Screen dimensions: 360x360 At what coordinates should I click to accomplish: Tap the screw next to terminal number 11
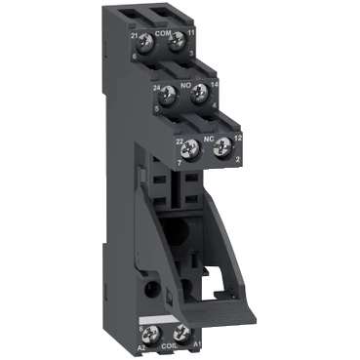(176, 41)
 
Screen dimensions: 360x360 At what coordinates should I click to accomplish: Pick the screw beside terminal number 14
(200, 94)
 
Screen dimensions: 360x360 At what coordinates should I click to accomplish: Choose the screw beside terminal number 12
(223, 148)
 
